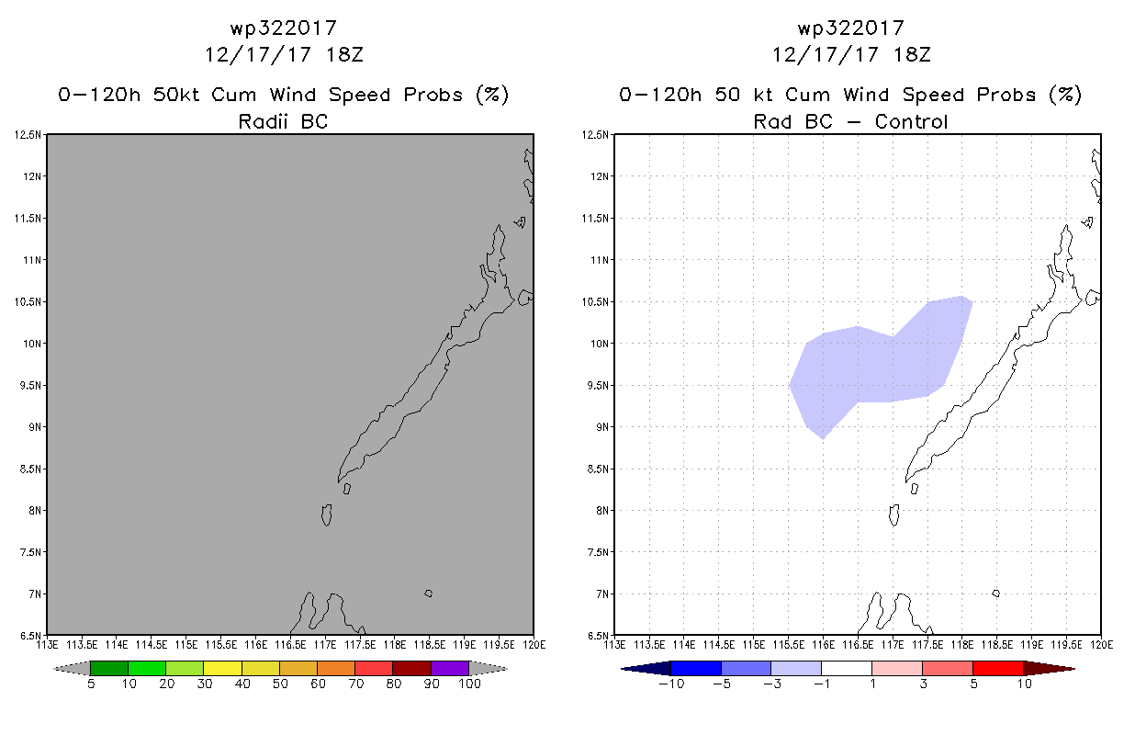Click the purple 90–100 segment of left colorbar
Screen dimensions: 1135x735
point(450,668)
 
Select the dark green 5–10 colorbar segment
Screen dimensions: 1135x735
point(109,668)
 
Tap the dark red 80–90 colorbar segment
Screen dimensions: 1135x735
point(412,668)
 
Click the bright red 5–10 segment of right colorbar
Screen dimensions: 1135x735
point(998,668)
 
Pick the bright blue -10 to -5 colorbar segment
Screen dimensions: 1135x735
point(696,668)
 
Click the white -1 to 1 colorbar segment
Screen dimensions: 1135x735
point(847,668)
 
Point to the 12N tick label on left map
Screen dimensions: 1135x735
point(31,176)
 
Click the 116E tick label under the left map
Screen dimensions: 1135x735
point(255,645)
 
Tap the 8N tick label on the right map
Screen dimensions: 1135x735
point(602,511)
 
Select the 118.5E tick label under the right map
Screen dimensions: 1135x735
point(996,645)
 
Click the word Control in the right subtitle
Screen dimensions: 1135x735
point(911,121)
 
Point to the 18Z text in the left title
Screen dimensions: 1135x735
point(344,55)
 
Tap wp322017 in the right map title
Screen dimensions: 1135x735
point(850,28)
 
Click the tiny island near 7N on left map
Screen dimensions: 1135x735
point(429,594)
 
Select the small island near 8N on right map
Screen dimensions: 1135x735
point(894,515)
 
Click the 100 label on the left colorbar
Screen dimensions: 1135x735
point(470,684)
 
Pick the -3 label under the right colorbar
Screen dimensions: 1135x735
point(771,684)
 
